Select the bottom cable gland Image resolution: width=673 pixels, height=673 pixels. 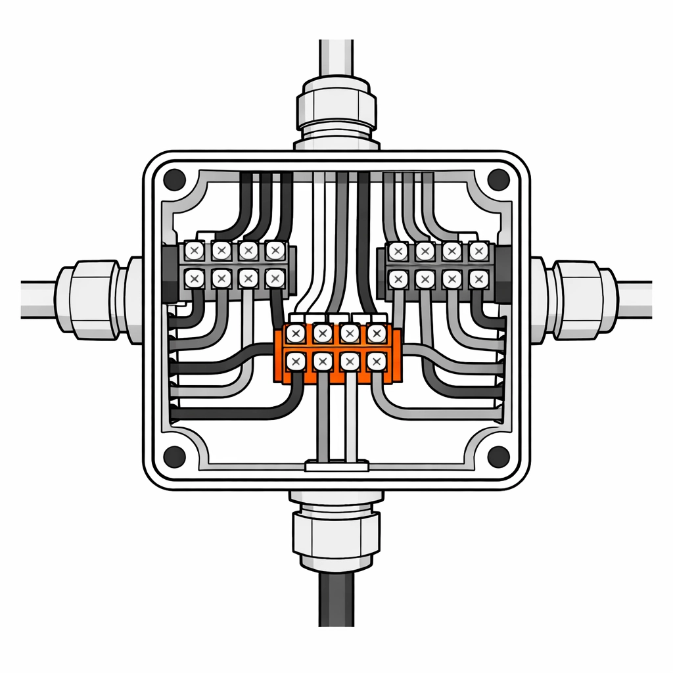336,529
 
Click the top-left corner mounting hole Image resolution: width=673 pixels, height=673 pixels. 175,177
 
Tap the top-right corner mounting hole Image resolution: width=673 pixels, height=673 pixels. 498,177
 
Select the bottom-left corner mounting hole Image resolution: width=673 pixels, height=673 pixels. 175,454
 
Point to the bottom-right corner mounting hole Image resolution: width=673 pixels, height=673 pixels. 498,454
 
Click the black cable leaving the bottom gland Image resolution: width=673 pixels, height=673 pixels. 336,598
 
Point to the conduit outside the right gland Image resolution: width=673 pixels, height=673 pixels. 634,299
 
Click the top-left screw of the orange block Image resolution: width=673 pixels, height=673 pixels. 295,334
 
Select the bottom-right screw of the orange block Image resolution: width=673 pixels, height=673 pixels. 376,361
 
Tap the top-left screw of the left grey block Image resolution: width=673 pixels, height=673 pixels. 195,250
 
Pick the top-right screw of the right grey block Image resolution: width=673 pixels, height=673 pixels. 478,251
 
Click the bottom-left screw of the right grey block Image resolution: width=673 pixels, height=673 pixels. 397,279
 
